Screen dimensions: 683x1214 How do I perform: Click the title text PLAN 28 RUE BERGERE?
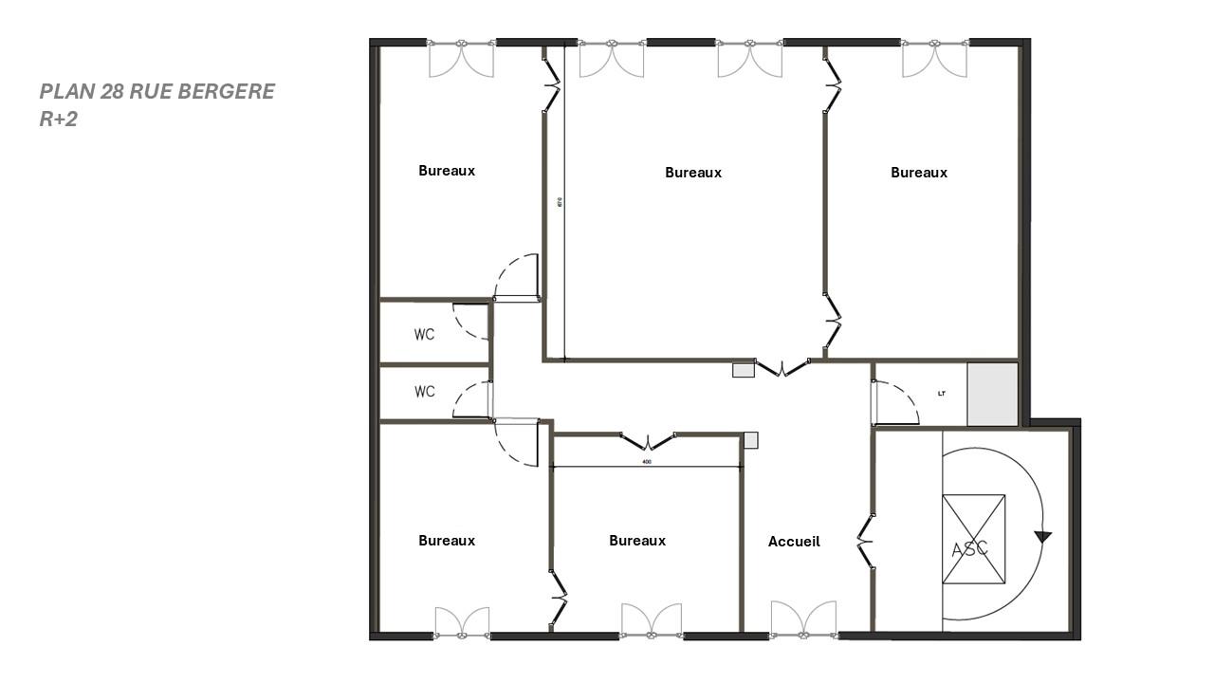coord(156,91)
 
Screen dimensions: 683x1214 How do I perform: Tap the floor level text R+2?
coord(58,120)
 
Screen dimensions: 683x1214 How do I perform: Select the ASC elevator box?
coord(973,539)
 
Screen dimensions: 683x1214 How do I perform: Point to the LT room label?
coord(942,393)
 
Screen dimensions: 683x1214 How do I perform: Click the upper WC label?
coord(424,334)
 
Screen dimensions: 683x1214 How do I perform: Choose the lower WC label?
coord(424,391)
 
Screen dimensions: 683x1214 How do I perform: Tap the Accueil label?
coord(794,542)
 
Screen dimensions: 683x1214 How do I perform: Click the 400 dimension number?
coord(646,462)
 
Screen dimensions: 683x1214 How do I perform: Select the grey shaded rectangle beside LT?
coord(992,394)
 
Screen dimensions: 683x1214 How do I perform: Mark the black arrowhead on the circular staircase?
coord(1043,537)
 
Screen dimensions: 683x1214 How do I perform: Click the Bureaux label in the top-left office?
coord(447,171)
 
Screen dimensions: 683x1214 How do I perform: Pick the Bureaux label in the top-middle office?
coord(693,173)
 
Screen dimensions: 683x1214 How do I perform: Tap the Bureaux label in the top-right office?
coord(919,173)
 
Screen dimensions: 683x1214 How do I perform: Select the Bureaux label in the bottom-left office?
coord(447,541)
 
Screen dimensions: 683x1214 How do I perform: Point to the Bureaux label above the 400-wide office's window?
coord(637,541)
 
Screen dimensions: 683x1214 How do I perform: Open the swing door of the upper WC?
coord(470,322)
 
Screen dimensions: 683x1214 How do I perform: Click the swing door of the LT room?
coord(896,403)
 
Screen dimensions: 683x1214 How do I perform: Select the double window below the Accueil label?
coord(803,618)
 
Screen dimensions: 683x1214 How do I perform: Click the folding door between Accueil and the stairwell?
coord(865,543)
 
